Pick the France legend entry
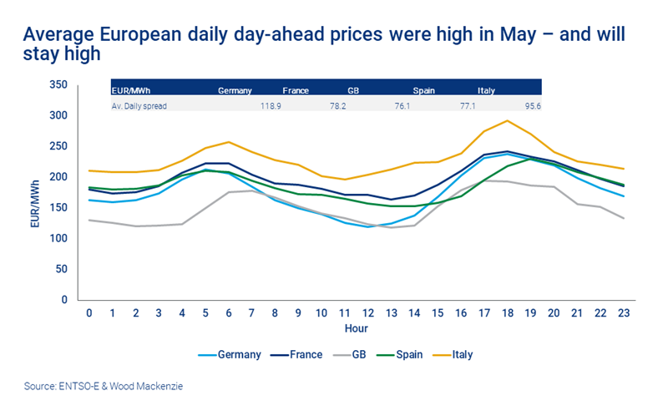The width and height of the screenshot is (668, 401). click(x=306, y=354)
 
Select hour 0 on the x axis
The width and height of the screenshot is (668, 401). click(x=89, y=312)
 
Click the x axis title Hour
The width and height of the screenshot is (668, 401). click(x=357, y=328)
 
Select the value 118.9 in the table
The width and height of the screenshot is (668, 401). click(x=271, y=105)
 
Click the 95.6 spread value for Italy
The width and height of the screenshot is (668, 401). click(x=531, y=105)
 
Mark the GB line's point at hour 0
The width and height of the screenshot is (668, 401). click(x=89, y=220)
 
